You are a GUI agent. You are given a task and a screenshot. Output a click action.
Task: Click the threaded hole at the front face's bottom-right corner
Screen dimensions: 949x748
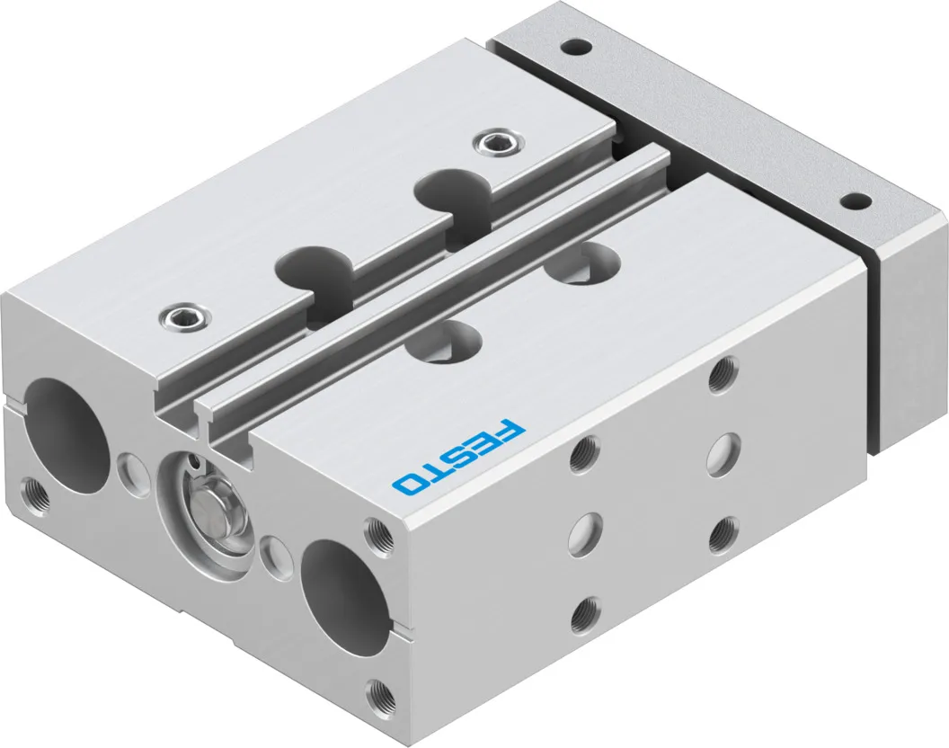point(379,690)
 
